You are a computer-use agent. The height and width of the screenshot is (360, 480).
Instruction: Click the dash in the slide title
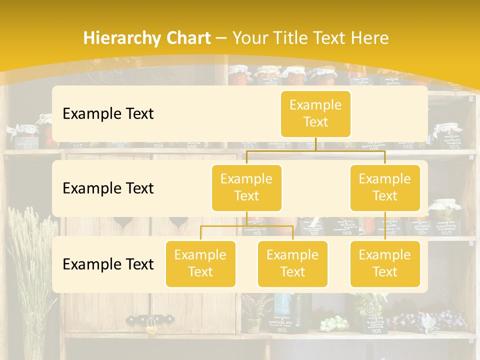click(222, 38)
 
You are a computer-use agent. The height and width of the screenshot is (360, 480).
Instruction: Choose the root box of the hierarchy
click(315, 113)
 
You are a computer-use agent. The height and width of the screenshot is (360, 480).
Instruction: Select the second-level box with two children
click(246, 187)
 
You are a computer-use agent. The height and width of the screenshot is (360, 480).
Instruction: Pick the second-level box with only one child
click(385, 187)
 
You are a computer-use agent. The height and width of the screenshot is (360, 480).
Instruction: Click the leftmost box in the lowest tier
click(200, 263)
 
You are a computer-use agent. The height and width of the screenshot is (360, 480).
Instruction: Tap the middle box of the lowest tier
click(292, 263)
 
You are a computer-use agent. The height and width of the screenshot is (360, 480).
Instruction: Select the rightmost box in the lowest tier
click(385, 263)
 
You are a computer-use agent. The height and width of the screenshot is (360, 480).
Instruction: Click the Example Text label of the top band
click(108, 113)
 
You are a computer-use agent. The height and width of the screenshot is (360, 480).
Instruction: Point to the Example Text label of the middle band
click(108, 188)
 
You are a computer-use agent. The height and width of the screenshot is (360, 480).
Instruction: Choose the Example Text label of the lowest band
click(108, 264)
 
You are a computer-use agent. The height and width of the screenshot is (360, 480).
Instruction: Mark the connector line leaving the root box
click(315, 144)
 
